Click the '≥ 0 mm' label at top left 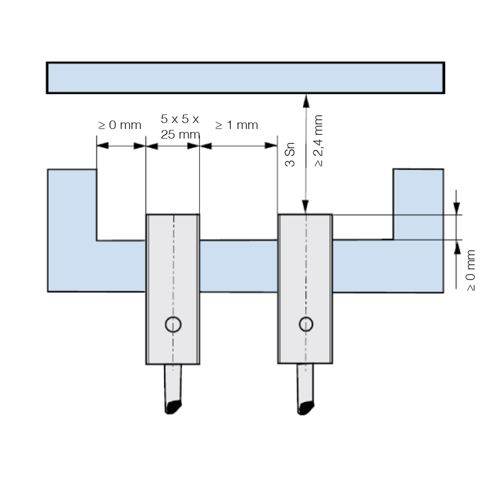(119, 125)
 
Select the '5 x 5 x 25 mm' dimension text (180, 127)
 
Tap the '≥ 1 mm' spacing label (236, 125)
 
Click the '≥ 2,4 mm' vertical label (318, 141)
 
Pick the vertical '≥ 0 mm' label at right (470, 270)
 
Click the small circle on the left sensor (173, 324)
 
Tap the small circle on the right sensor (306, 324)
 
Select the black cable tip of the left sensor (172, 407)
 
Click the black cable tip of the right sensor (305, 408)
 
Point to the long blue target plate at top (245, 78)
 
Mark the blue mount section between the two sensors (238, 266)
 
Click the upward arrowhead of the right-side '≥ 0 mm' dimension (456, 246)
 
